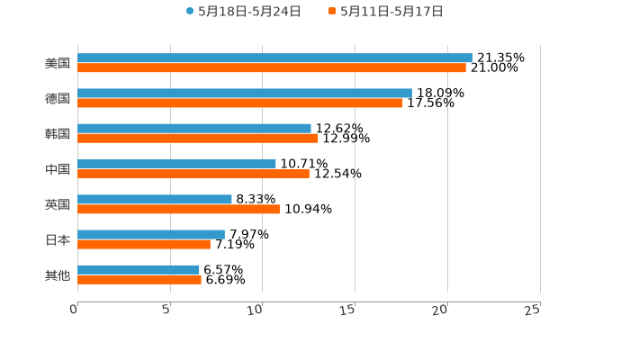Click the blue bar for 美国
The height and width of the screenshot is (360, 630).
tap(274, 58)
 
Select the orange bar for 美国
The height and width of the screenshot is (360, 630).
tap(272, 67)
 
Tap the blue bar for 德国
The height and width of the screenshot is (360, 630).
tap(245, 93)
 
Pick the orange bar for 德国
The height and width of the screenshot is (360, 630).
tap(240, 103)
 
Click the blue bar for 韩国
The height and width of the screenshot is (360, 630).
tap(194, 129)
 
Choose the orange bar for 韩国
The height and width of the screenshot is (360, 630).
tap(198, 138)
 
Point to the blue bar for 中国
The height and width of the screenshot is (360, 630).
tap(176, 164)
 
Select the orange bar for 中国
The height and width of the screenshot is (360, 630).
tap(193, 174)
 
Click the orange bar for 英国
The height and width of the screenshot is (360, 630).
tap(178, 209)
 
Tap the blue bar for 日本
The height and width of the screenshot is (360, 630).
tap(151, 234)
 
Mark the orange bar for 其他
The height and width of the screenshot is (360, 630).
tap(139, 279)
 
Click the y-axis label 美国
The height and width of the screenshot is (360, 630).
tap(58, 63)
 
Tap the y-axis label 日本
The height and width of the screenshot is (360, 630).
tap(58, 239)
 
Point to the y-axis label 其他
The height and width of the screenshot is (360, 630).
tap(58, 274)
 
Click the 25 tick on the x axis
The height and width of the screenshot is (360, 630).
tap(533, 310)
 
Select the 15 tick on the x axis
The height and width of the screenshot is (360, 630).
tap(348, 310)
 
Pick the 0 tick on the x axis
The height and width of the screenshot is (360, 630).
tap(74, 310)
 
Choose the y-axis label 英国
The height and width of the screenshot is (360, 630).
tap(58, 204)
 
